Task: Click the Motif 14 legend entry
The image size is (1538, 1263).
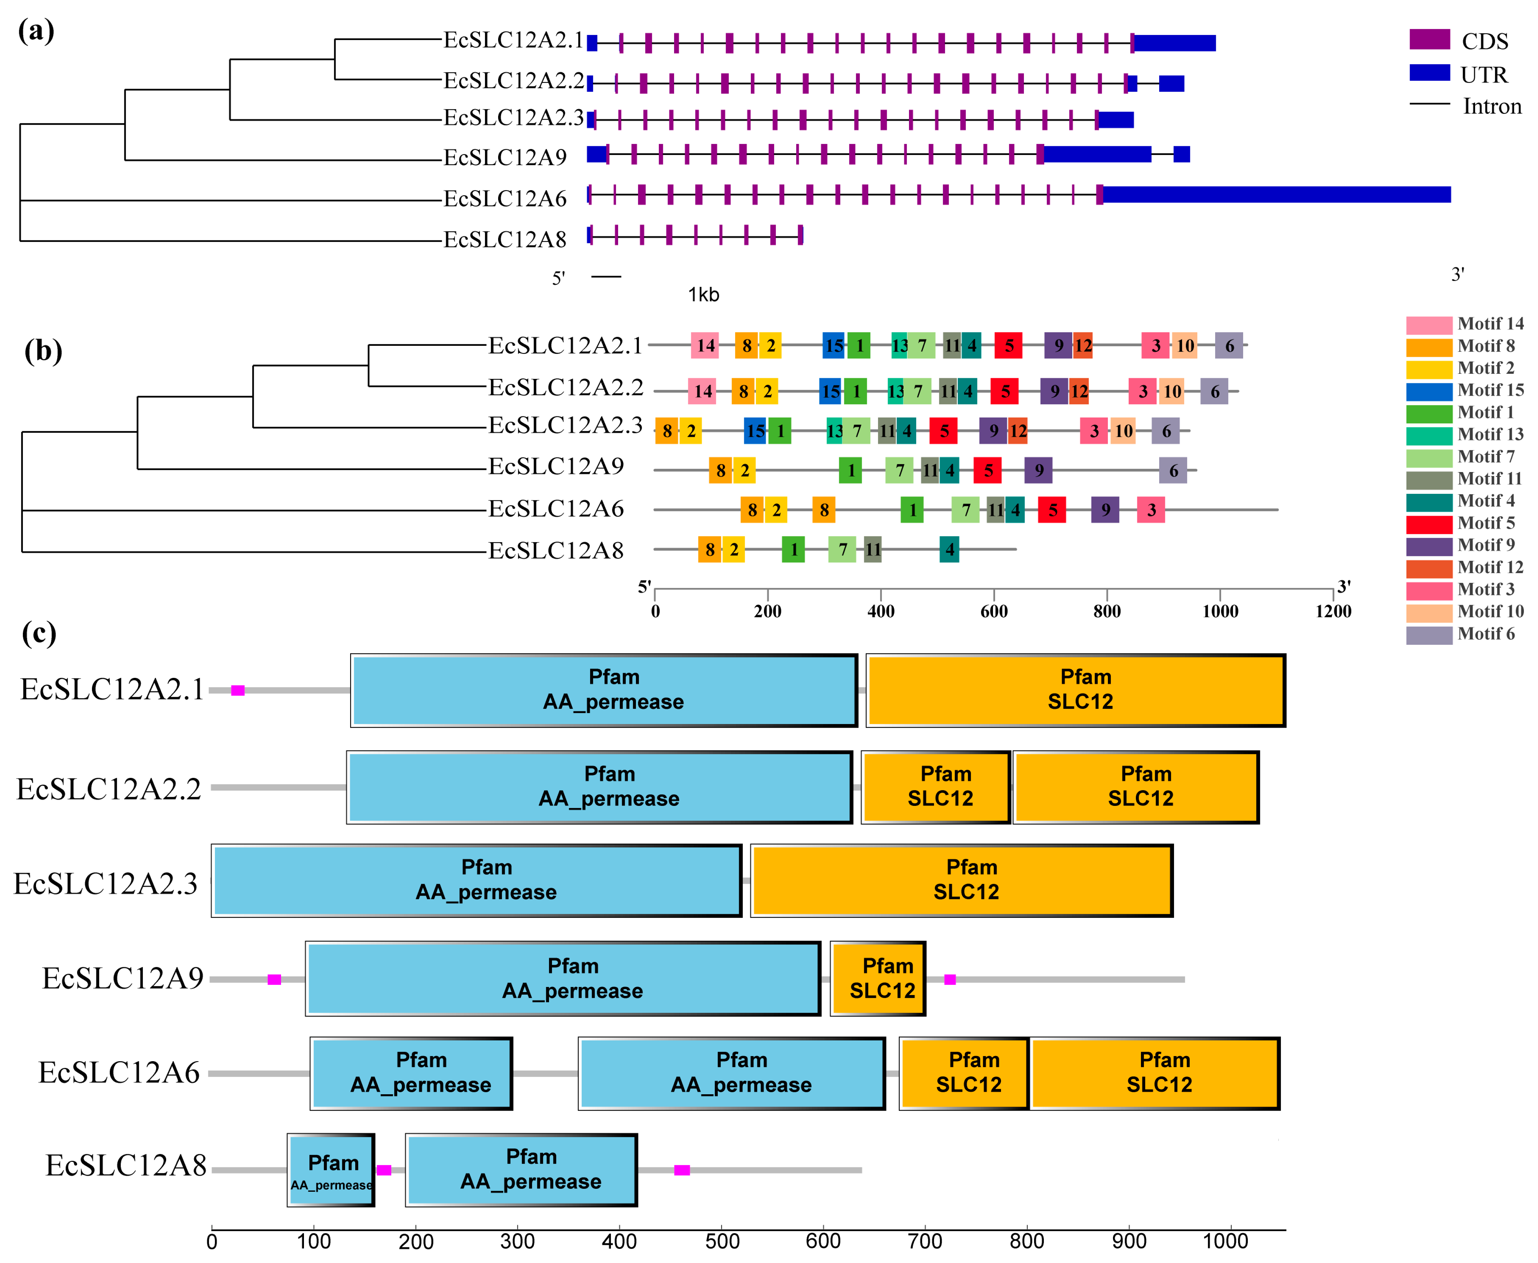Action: [x=1489, y=324]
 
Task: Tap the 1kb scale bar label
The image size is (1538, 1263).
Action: [x=703, y=295]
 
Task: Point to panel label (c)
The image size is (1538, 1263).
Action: [x=39, y=633]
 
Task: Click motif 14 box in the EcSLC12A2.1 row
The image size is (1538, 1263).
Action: [x=705, y=345]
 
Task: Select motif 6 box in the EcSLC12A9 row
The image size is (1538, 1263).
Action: [x=1172, y=471]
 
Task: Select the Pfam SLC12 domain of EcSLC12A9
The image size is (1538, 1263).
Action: [x=878, y=979]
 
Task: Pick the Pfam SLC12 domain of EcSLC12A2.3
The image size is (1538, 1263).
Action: [x=961, y=880]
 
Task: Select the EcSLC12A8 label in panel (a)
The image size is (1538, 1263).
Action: [x=505, y=239]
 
